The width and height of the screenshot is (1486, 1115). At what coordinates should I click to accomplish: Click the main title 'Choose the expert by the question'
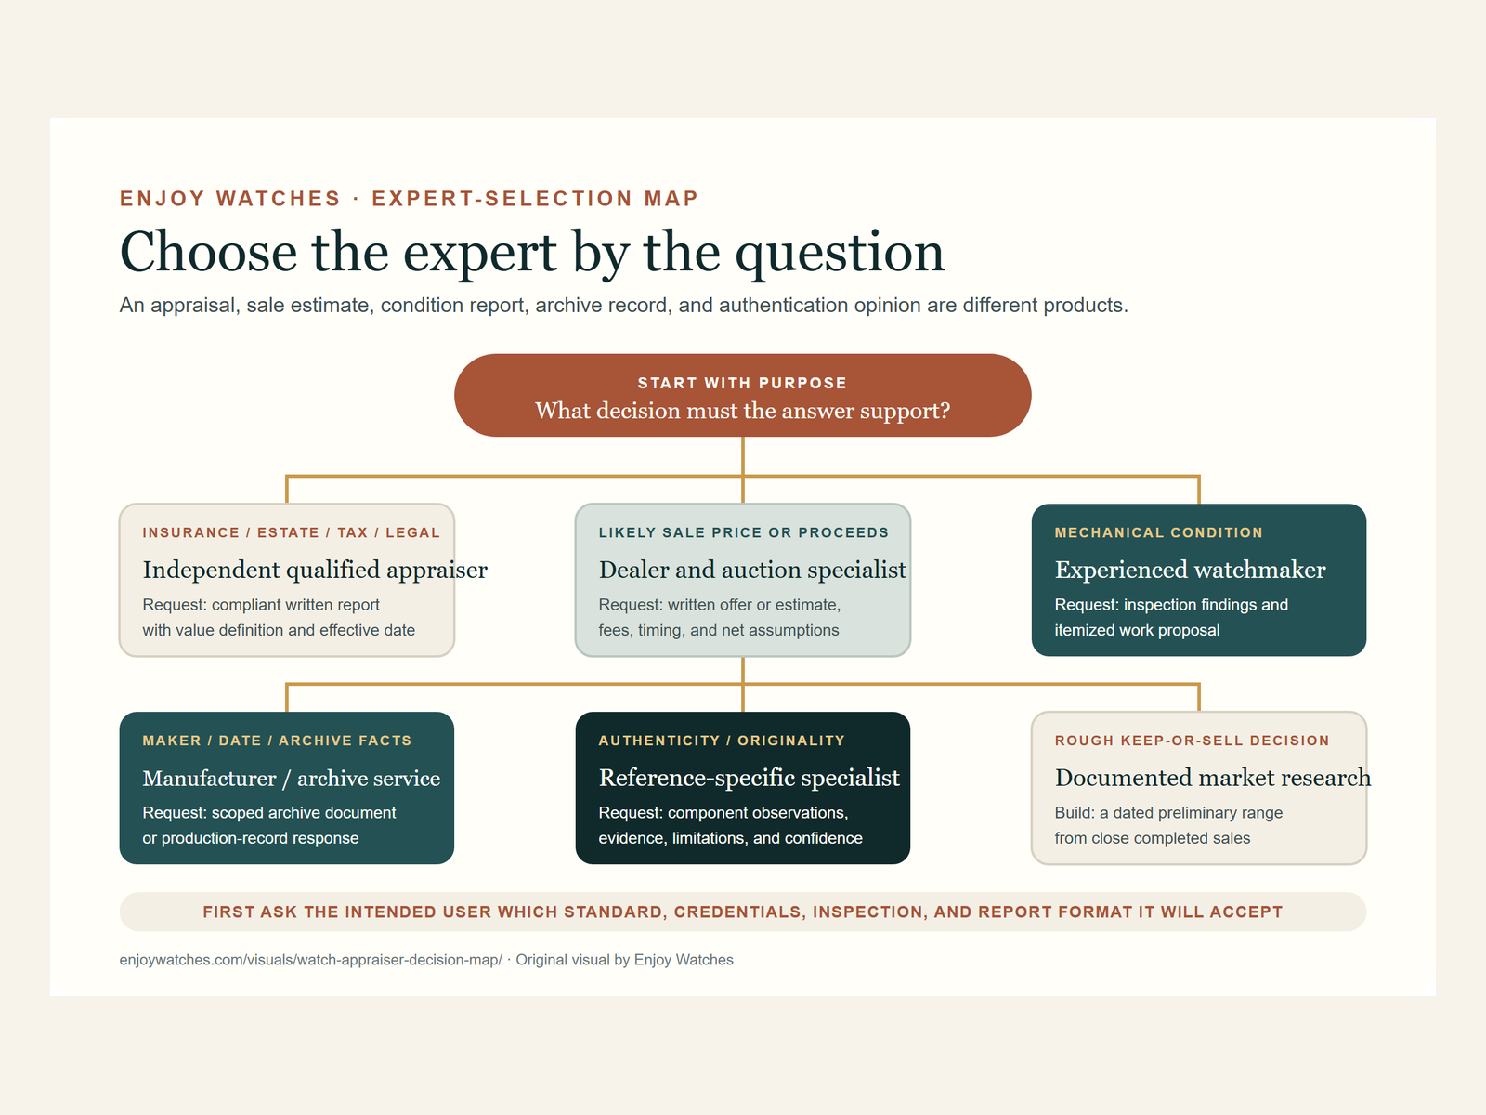pyautogui.click(x=531, y=252)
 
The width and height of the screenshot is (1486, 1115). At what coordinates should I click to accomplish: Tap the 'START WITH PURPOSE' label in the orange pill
pyautogui.click(x=742, y=383)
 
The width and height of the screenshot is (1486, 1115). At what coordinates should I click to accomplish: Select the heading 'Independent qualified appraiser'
pyautogui.click(x=315, y=570)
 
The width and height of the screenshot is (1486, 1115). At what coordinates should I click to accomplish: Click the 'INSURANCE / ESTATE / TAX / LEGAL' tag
pyautogui.click(x=291, y=532)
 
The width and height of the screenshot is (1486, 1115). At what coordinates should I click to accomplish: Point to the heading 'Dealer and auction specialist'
pyautogui.click(x=752, y=570)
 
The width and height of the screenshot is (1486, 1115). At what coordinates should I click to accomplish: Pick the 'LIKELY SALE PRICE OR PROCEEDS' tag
pyautogui.click(x=743, y=532)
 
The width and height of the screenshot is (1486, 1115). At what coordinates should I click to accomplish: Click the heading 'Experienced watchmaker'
pyautogui.click(x=1190, y=570)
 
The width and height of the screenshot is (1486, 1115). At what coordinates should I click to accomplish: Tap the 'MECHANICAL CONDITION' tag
pyautogui.click(x=1158, y=532)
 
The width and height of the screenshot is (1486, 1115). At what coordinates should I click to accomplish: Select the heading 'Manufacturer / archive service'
pyautogui.click(x=291, y=779)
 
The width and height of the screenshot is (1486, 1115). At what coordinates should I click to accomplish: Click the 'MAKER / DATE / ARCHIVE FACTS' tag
pyautogui.click(x=277, y=741)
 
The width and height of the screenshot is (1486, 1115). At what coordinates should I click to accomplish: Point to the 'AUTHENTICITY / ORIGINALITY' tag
pyautogui.click(x=722, y=741)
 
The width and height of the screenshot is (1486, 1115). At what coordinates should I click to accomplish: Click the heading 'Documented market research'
pyautogui.click(x=1213, y=778)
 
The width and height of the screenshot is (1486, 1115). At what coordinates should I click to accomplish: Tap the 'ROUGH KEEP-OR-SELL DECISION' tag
pyautogui.click(x=1192, y=741)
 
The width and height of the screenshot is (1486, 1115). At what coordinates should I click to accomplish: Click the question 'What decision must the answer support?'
pyautogui.click(x=743, y=411)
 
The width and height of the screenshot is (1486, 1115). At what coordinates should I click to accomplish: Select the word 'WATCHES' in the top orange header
pyautogui.click(x=279, y=198)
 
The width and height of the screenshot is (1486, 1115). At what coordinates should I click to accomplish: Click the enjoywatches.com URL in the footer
pyautogui.click(x=311, y=960)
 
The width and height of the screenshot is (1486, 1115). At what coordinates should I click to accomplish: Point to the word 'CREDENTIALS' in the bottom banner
pyautogui.click(x=737, y=912)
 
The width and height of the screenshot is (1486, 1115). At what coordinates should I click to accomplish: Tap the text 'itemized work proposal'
pyautogui.click(x=1138, y=630)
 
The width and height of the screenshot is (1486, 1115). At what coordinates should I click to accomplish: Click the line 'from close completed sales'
pyautogui.click(x=1153, y=838)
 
